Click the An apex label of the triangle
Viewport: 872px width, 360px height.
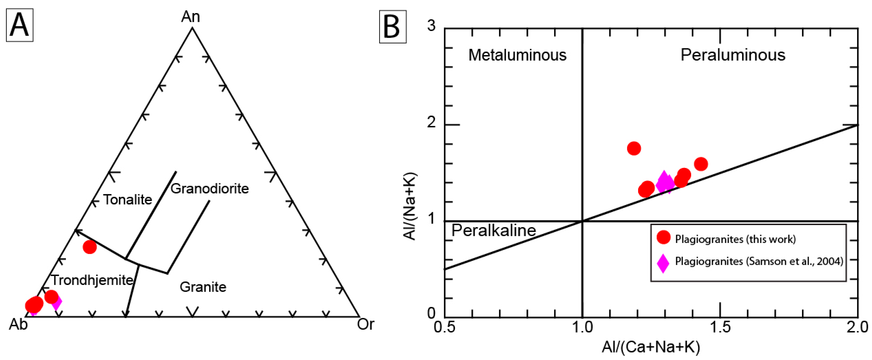[x=191, y=17]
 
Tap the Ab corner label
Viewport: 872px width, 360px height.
[x=18, y=324]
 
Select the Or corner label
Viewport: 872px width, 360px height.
[x=366, y=324]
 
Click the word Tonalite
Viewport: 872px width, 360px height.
[x=128, y=200]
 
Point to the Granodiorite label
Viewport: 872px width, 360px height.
[x=209, y=188]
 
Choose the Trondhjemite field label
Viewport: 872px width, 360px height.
[x=92, y=280]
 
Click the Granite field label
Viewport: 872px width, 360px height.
[x=203, y=287]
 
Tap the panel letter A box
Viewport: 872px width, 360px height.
[x=20, y=25]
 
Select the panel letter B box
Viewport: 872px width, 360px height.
[x=393, y=27]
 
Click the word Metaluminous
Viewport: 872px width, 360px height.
[x=517, y=55]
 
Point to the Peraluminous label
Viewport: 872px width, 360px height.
[x=733, y=55]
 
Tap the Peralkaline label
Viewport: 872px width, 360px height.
[x=494, y=230]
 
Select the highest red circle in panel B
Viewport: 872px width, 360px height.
[x=634, y=148]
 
